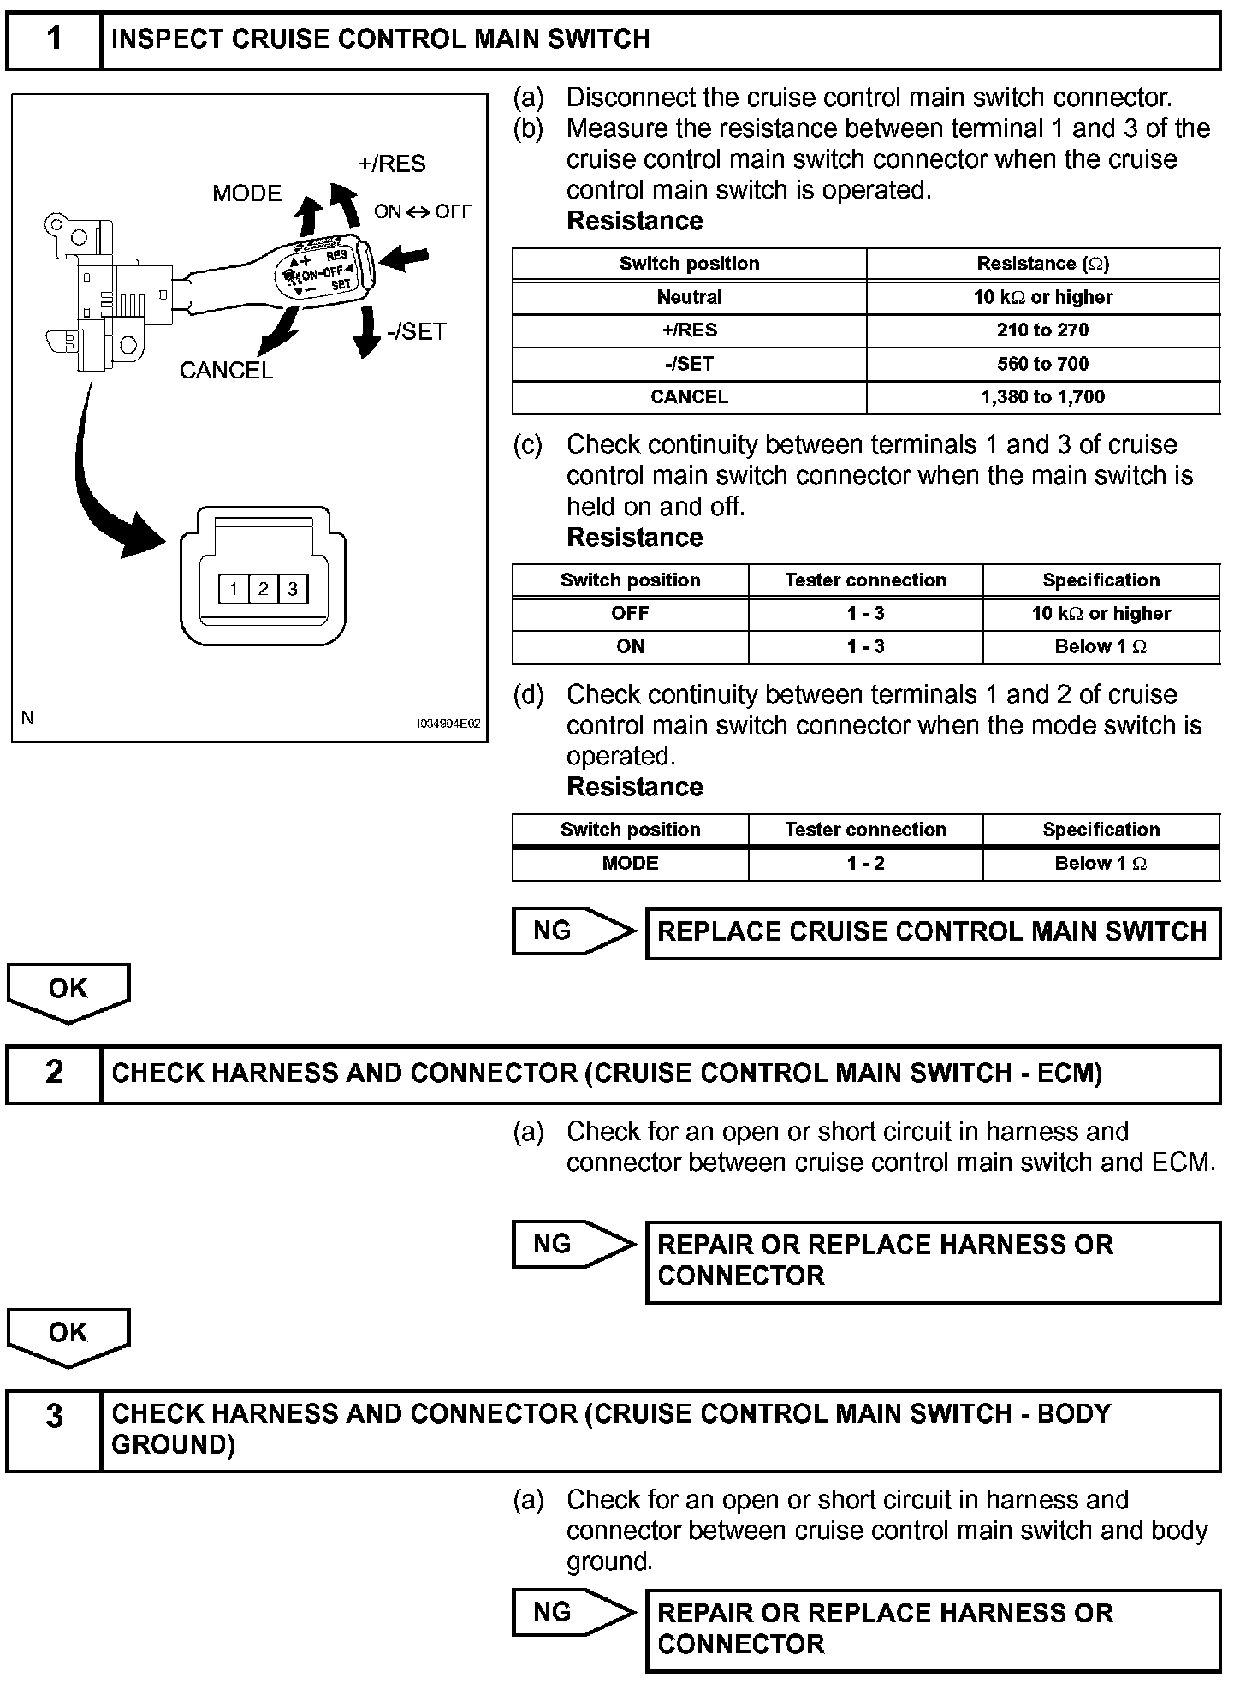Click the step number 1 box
click(x=54, y=39)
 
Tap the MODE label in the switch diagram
click(x=246, y=193)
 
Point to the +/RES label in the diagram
click(x=392, y=164)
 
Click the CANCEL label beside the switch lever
click(x=226, y=370)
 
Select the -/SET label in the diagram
click(x=417, y=331)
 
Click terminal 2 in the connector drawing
click(x=263, y=589)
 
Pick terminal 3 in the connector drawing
click(x=293, y=589)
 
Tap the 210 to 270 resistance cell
click(x=1042, y=330)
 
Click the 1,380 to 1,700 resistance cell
click(x=1042, y=397)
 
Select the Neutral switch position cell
click(x=689, y=297)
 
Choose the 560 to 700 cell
click(x=1042, y=364)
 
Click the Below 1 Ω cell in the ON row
click(x=1101, y=647)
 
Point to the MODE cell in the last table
click(x=630, y=864)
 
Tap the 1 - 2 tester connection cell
click(x=865, y=864)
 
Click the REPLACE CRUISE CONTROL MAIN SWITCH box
click(x=932, y=932)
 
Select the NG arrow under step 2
click(x=573, y=1244)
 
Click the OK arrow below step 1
click(x=68, y=990)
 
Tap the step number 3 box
click(x=54, y=1418)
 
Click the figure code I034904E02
click(x=448, y=724)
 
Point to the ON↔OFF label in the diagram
click(x=423, y=211)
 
